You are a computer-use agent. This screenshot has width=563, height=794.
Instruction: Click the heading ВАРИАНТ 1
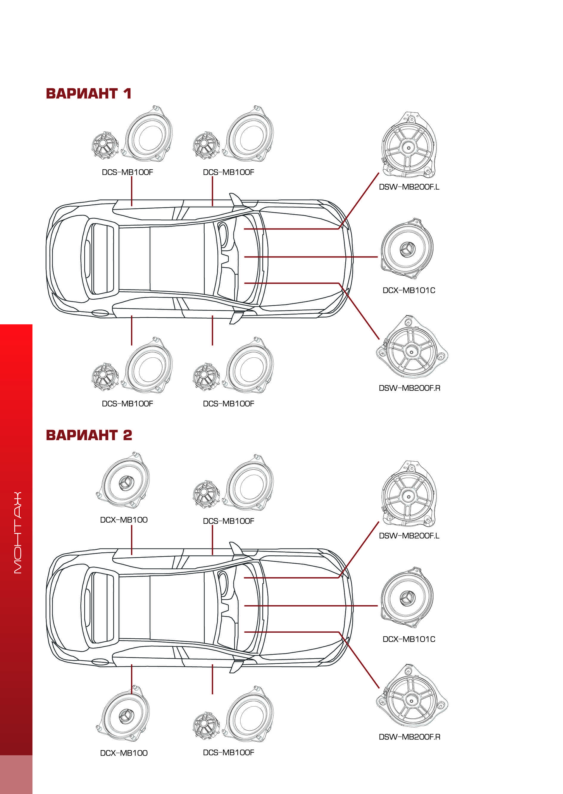coord(88,93)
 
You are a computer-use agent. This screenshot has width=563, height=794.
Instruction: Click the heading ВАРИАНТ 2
coord(89,435)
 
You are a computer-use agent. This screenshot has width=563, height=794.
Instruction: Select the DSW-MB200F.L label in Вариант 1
coord(409,187)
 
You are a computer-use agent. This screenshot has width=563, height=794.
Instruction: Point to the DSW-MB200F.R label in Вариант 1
coord(409,388)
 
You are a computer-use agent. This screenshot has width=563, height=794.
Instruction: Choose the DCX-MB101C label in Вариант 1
coord(409,290)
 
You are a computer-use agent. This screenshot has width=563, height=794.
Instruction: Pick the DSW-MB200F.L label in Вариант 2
coord(409,535)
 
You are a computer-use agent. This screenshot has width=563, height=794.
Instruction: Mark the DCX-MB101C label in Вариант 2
coord(409,639)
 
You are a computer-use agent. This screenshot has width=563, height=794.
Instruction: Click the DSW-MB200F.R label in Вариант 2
coord(409,737)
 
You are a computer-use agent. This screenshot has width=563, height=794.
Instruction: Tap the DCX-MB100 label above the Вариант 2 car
coord(124,520)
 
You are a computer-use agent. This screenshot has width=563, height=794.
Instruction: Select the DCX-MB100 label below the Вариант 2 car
coord(124,753)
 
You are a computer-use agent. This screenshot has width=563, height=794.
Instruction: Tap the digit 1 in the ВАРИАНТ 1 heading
coord(127,93)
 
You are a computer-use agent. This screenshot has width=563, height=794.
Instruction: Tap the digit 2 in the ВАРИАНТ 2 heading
coord(127,435)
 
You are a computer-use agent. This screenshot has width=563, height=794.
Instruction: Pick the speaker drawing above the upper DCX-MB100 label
coord(124,480)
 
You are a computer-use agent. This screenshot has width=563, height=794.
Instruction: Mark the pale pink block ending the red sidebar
coord(16,774)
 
